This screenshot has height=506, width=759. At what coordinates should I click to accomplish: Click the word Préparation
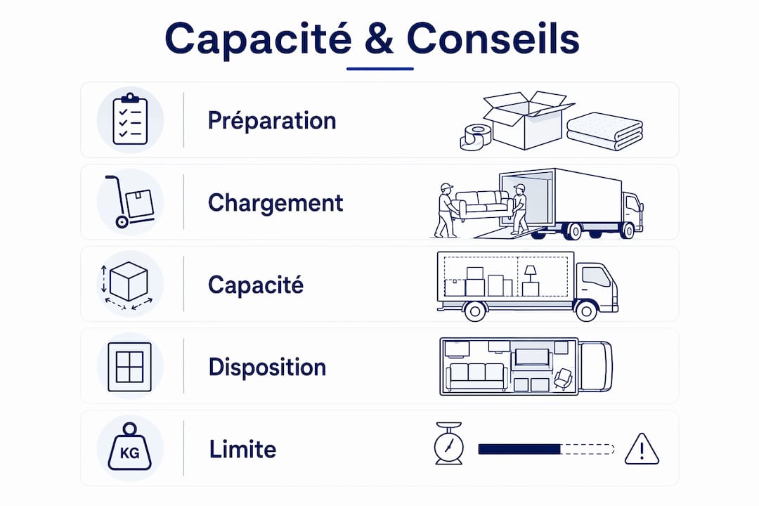pyautogui.click(x=271, y=121)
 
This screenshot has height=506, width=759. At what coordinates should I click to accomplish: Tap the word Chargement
pyautogui.click(x=275, y=203)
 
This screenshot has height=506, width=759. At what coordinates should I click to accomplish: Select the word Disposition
pyautogui.click(x=267, y=367)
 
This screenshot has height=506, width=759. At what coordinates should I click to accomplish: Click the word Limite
pyautogui.click(x=242, y=449)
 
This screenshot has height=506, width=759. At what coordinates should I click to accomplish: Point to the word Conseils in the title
pyautogui.click(x=493, y=38)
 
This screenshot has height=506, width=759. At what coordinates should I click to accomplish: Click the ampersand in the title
pyautogui.click(x=379, y=38)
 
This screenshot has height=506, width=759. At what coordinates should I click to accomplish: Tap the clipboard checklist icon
pyautogui.click(x=130, y=119)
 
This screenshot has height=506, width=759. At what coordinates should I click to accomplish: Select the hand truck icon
pyautogui.click(x=130, y=202)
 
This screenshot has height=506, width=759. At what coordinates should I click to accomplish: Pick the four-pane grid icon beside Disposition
pyautogui.click(x=130, y=367)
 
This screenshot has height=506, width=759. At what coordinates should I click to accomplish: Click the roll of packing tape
pyautogui.click(x=475, y=136)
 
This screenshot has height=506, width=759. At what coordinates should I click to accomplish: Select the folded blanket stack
pyautogui.click(x=604, y=131)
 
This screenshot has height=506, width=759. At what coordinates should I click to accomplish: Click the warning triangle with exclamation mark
pyautogui.click(x=642, y=449)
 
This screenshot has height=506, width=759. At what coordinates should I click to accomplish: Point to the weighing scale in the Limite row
pyautogui.click(x=448, y=443)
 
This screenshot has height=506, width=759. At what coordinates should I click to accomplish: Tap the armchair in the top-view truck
pyautogui.click(x=563, y=378)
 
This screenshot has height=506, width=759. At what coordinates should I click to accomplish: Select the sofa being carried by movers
pyautogui.click(x=484, y=205)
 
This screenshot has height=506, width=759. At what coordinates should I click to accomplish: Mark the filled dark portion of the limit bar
pyautogui.click(x=519, y=449)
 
